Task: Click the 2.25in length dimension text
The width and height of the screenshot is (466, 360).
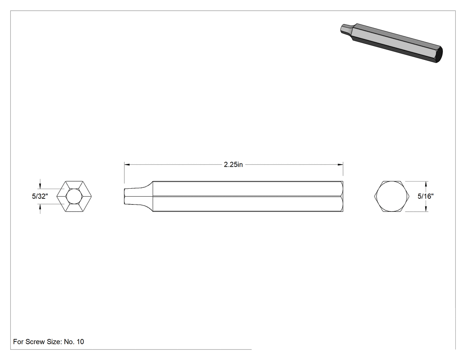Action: tap(233, 165)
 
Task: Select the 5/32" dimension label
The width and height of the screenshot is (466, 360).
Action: tap(40, 196)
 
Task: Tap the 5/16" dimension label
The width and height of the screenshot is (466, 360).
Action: tap(426, 196)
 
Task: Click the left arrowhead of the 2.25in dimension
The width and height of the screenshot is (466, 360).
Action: tap(127, 164)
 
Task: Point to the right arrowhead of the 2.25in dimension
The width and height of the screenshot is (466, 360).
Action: tap(340, 164)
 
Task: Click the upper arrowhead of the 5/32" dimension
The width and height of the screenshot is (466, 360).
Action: tap(40, 186)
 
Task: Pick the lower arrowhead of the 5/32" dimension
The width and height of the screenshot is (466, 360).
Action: tap(40, 207)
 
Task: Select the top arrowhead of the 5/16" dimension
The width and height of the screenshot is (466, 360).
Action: tap(426, 184)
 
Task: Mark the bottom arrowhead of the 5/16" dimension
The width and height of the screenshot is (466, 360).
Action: tap(426, 208)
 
